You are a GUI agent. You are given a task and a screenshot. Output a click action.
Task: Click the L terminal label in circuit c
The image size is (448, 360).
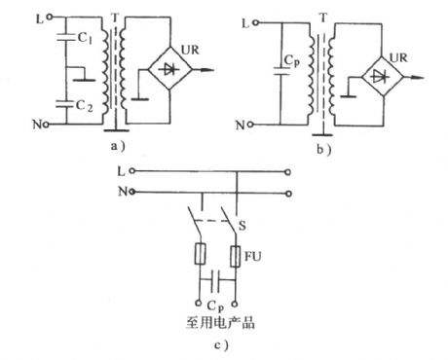pos(118,172)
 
